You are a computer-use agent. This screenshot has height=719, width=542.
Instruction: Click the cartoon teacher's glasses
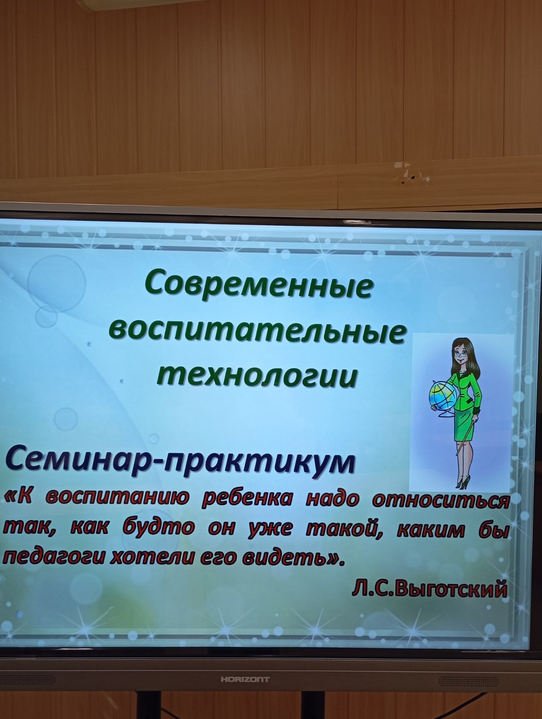tap(461, 354)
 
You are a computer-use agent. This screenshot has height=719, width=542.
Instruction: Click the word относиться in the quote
tap(441, 502)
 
